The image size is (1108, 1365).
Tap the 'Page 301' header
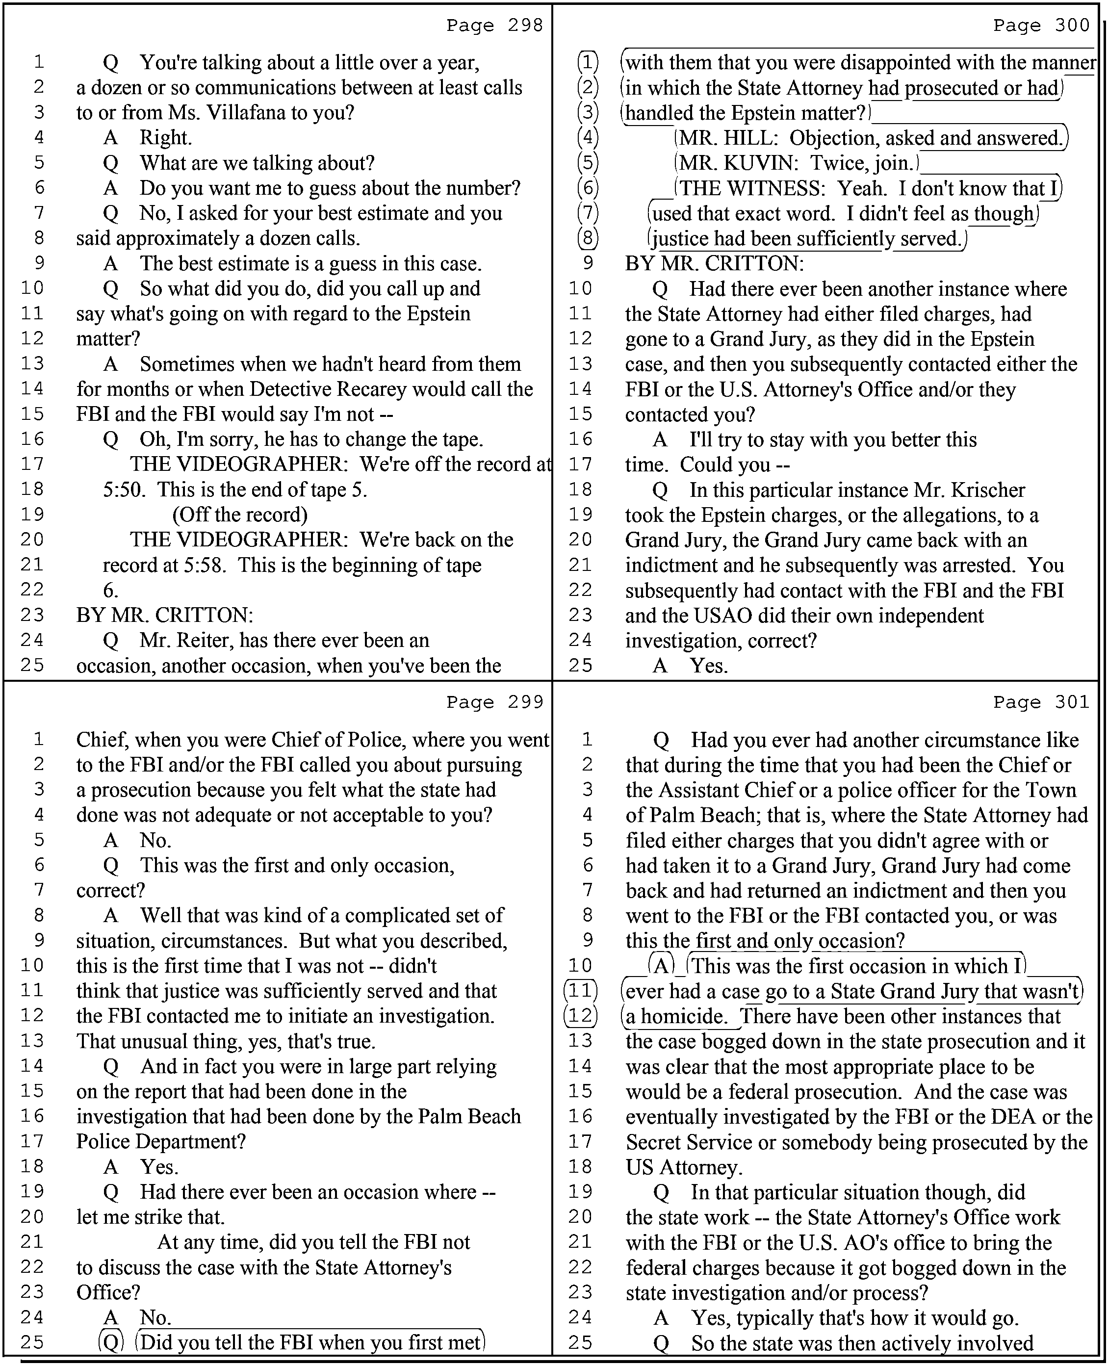(1042, 702)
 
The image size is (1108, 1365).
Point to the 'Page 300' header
(1042, 26)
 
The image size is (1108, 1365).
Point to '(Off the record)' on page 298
(240, 515)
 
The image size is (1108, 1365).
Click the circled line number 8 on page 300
(588, 239)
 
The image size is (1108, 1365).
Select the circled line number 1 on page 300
(588, 63)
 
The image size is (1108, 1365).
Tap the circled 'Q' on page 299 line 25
(111, 1342)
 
